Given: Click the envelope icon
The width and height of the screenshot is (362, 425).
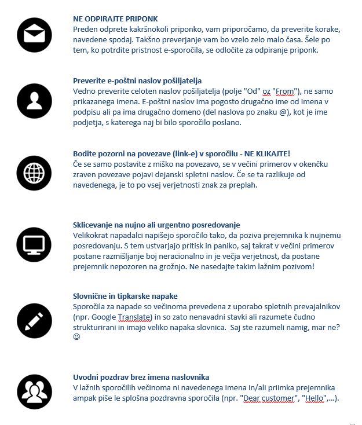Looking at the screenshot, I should [x=35, y=35].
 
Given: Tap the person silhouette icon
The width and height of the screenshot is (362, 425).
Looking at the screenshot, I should [x=35, y=101].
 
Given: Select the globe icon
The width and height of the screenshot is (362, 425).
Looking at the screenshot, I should [x=35, y=173].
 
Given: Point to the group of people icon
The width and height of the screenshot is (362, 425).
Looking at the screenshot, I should [x=35, y=392].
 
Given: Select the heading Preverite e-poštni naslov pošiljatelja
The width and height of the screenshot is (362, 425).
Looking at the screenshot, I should [x=137, y=80].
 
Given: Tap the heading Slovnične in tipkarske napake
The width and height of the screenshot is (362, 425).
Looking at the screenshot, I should [x=125, y=296].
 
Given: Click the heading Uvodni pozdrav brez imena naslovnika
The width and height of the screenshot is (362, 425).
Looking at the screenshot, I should [x=141, y=377].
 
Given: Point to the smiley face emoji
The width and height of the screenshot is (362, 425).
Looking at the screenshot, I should [x=77, y=337].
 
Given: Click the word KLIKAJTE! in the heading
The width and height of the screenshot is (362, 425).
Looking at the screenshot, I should [x=273, y=153].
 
